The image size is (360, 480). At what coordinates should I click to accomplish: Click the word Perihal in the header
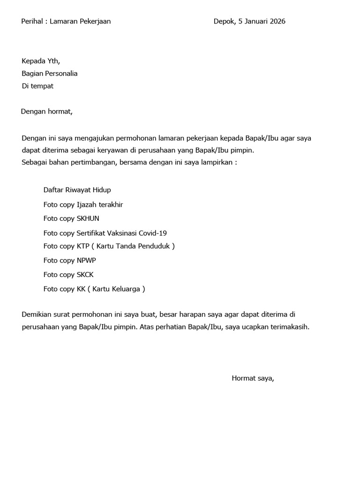point(32,21)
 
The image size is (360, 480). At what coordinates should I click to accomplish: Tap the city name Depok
point(224,21)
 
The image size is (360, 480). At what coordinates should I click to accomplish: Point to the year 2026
point(277,21)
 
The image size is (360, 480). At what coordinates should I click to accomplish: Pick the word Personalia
point(61,74)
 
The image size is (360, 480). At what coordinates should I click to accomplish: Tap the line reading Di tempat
point(37,86)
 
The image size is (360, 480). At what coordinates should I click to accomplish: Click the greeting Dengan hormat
point(47,112)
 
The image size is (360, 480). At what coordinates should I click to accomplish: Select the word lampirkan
point(217,163)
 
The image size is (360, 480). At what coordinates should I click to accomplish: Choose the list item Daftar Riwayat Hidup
point(77,190)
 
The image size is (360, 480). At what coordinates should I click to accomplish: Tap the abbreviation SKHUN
point(88,218)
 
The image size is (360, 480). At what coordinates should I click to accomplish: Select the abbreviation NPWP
point(86,261)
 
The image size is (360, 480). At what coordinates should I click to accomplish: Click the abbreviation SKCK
point(85,275)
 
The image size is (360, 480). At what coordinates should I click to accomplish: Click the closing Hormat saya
point(253,378)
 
